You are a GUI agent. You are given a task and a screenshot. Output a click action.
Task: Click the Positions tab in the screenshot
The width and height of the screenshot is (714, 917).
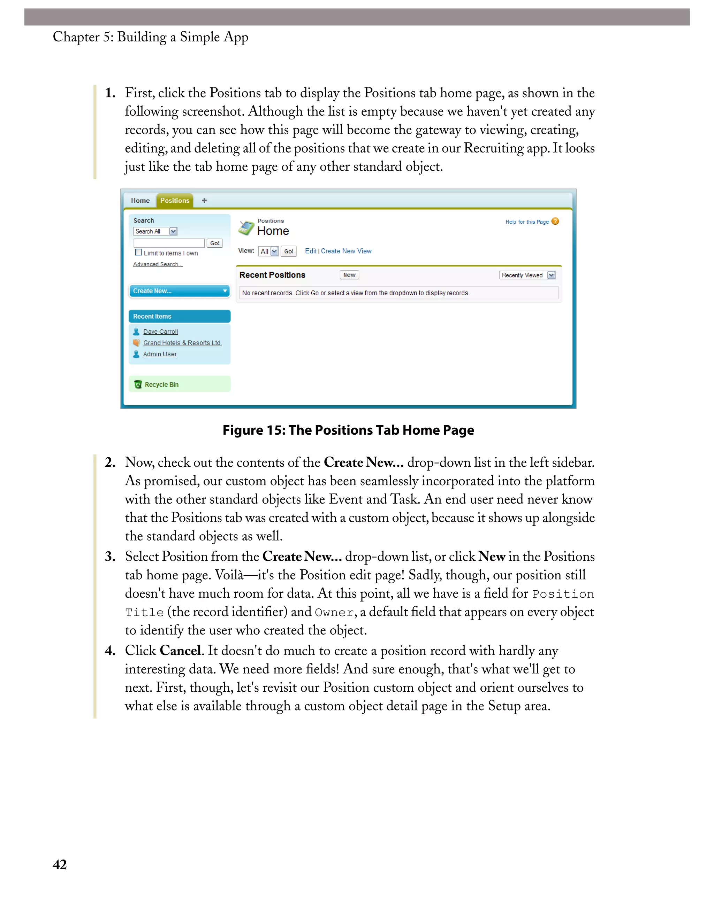(x=174, y=201)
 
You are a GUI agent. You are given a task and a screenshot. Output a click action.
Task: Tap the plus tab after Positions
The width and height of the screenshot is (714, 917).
(x=204, y=201)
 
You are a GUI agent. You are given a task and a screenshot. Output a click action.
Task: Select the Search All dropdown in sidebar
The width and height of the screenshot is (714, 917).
(x=155, y=231)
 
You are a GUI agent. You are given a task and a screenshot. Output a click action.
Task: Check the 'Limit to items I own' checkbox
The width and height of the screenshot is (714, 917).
(x=138, y=252)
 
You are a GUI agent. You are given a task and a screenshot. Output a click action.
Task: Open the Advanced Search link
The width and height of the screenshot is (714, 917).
(x=158, y=264)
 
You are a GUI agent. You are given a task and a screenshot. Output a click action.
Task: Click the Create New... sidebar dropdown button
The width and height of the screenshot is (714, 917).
(x=180, y=291)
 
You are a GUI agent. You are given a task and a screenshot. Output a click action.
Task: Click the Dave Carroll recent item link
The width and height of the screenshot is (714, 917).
(x=160, y=332)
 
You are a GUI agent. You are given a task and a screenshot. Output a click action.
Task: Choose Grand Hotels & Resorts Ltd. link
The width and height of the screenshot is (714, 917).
(x=182, y=343)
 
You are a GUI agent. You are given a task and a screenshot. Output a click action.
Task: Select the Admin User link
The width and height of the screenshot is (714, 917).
(x=160, y=355)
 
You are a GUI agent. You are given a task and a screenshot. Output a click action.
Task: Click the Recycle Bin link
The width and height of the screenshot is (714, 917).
(x=161, y=384)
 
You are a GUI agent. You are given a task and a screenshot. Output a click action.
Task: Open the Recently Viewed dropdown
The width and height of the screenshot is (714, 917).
(x=527, y=275)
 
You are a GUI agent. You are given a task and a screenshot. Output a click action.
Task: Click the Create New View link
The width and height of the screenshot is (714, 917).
(x=346, y=251)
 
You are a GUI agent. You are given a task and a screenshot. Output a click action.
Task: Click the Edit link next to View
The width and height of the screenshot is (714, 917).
(x=310, y=251)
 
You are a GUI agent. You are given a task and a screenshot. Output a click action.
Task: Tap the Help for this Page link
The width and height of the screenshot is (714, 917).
(x=527, y=222)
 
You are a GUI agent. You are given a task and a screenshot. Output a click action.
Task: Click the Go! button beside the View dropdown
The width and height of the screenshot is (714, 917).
(x=289, y=251)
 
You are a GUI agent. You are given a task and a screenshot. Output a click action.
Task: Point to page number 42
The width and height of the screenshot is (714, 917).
(x=60, y=864)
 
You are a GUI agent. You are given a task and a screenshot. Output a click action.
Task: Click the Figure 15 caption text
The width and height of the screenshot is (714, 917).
(x=348, y=430)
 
